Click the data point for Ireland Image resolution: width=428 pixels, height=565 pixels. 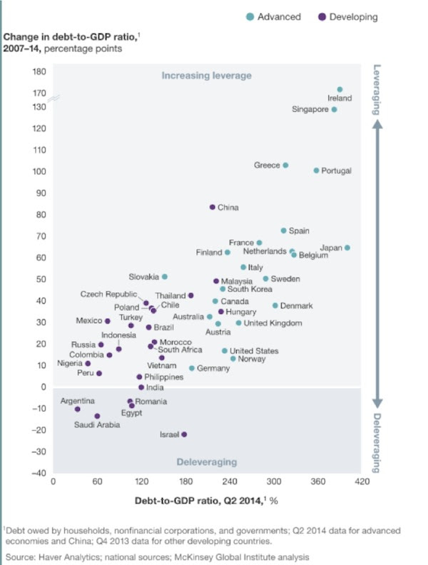point(340,90)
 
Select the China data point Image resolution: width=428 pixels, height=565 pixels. point(213,207)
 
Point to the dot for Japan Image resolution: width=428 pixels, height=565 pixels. point(347,248)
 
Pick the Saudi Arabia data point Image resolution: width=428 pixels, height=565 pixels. point(97,416)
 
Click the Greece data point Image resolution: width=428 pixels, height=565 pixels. point(285,165)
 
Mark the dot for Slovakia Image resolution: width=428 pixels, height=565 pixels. point(165,276)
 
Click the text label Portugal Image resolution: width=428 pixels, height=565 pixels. point(337,171)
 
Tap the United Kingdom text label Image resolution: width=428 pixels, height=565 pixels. point(273,323)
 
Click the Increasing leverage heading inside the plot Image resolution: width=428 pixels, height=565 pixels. point(207,76)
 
